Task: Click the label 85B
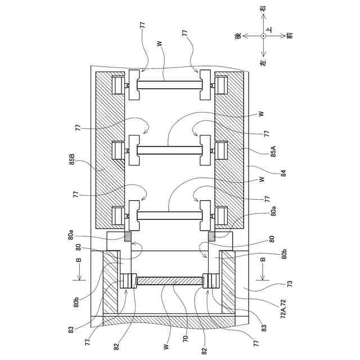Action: [x=72, y=159]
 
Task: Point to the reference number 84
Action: [x=284, y=173]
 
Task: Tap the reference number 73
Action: [x=290, y=284]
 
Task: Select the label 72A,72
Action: [x=283, y=309]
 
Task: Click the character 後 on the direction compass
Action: [x=238, y=35]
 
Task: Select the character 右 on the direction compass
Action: [x=263, y=9]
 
